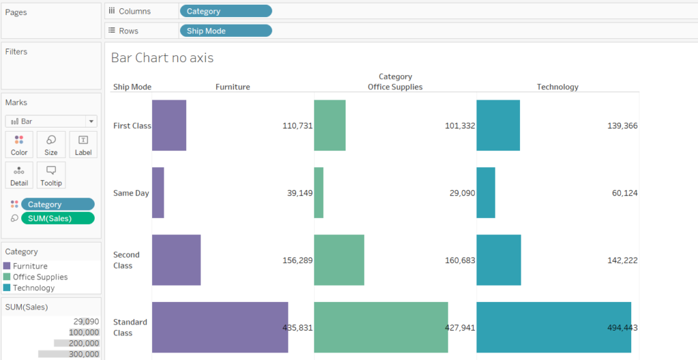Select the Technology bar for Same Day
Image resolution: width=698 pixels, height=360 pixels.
click(485, 193)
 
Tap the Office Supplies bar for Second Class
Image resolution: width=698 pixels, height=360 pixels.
click(339, 260)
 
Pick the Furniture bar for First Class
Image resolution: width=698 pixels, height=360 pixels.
click(169, 125)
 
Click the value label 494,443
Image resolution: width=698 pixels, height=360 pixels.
click(622, 328)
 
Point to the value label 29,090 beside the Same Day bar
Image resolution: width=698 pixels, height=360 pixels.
click(459, 194)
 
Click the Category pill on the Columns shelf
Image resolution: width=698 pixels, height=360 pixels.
click(225, 11)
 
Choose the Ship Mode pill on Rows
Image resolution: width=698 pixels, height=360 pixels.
click(225, 31)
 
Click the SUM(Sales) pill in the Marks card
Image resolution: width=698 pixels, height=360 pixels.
click(58, 218)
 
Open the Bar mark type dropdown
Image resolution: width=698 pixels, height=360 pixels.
click(51, 121)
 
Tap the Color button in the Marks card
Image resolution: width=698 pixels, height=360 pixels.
click(19, 145)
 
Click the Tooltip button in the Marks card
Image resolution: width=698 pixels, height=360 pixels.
click(51, 175)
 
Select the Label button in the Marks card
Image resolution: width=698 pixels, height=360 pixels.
click(83, 145)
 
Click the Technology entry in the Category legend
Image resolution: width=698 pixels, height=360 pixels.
click(33, 288)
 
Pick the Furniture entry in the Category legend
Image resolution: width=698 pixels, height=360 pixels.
click(30, 266)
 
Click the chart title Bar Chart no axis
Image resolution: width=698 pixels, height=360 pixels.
click(162, 58)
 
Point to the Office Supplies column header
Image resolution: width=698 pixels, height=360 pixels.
click(395, 87)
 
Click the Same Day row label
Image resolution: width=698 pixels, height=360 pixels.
click(131, 193)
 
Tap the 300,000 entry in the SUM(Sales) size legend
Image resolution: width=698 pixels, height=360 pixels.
click(83, 354)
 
